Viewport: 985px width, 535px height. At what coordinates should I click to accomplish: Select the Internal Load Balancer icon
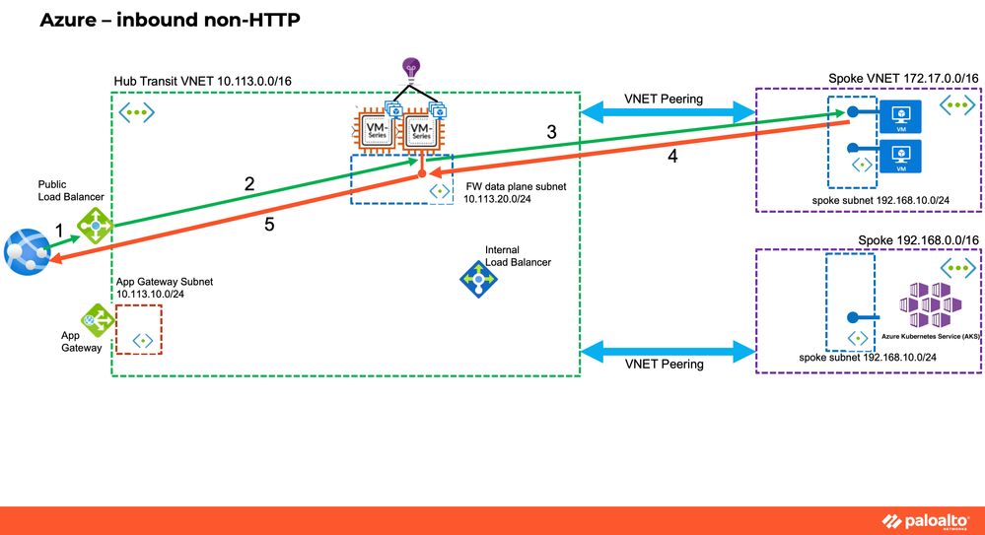tap(480, 280)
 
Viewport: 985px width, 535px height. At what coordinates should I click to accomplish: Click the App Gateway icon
tap(96, 319)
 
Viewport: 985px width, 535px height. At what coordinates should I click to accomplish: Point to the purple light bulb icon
tap(410, 69)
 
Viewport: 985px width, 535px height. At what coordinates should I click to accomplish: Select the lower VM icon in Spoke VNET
tap(899, 156)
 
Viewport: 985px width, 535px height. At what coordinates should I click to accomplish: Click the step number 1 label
tap(59, 231)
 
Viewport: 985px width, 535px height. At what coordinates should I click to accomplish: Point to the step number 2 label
tap(249, 183)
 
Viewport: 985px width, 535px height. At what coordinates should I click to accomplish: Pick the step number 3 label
tap(552, 131)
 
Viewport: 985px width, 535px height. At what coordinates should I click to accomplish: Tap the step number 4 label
tap(672, 156)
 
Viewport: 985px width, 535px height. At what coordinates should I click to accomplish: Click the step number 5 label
tap(269, 225)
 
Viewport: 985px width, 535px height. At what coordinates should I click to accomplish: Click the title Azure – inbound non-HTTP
tap(169, 20)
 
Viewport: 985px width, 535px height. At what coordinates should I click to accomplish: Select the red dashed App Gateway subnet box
tap(139, 329)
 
